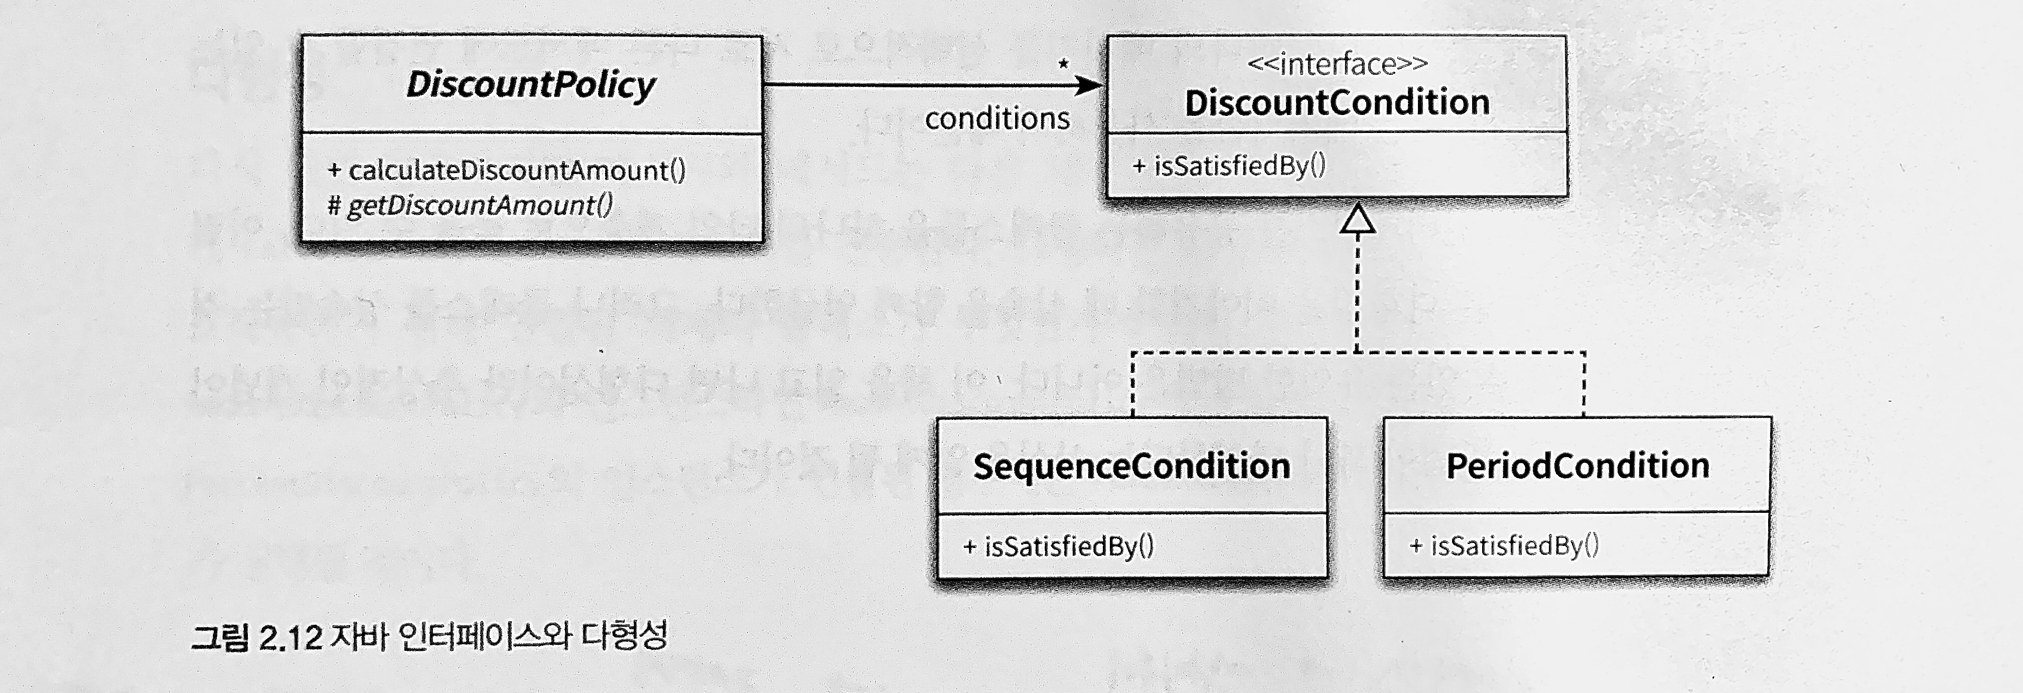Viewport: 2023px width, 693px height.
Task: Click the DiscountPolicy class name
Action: (x=531, y=85)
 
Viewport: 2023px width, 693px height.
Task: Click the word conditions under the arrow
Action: (x=996, y=118)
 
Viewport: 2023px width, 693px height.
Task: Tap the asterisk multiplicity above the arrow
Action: (x=1063, y=64)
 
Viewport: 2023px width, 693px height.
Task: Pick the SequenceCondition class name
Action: (x=1131, y=466)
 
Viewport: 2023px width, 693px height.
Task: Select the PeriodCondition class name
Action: (x=1577, y=465)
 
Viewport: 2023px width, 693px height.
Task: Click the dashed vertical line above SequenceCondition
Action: (x=1132, y=385)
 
